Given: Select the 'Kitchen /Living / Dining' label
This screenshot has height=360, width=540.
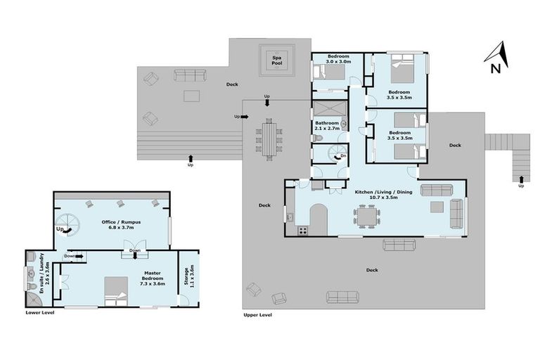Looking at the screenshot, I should pos(376,194).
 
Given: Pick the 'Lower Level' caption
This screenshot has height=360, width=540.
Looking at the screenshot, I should pos(39,312).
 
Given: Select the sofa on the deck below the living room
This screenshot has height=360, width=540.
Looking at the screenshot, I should pos(399,245).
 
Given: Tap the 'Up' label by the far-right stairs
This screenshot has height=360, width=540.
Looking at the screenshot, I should pos(521,186).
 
